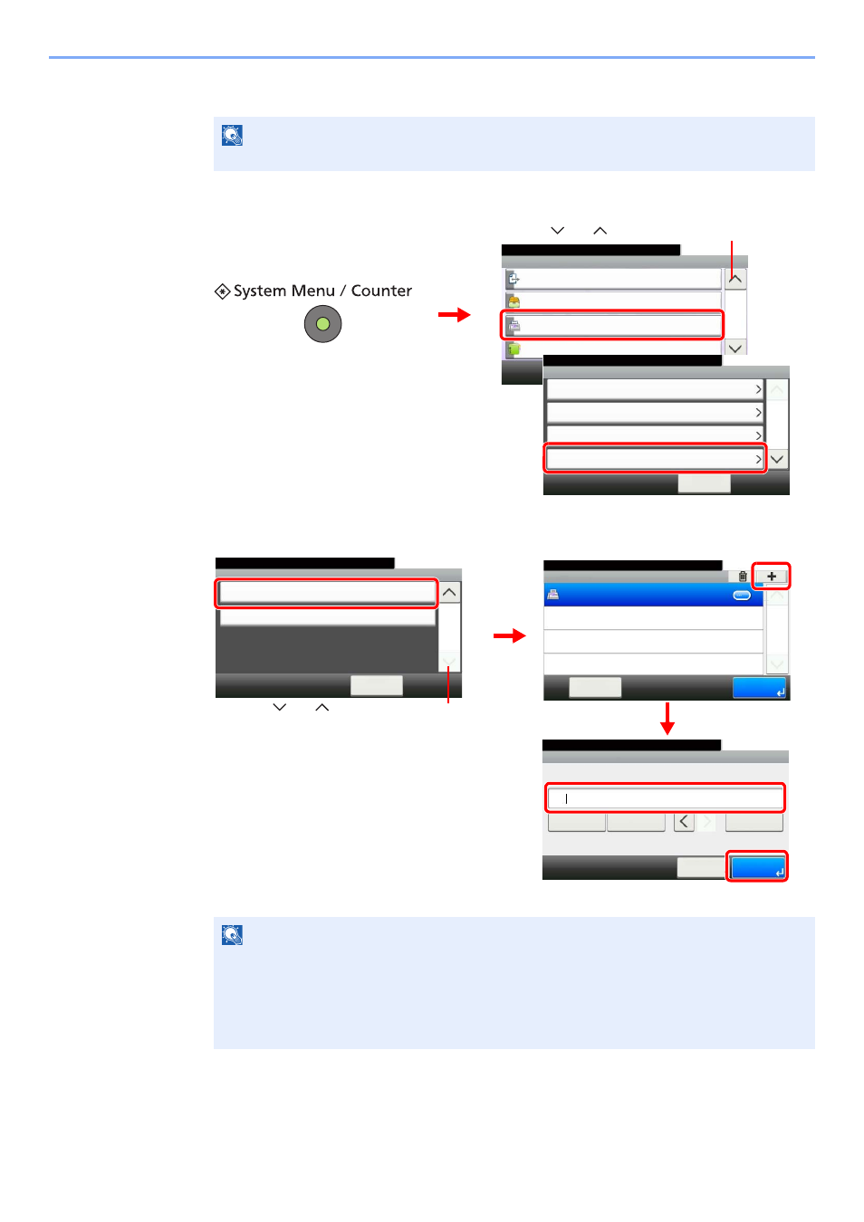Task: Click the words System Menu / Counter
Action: pos(322,291)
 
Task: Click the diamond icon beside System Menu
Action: pos(222,291)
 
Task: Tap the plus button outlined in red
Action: pos(771,576)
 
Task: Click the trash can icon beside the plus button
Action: pos(743,576)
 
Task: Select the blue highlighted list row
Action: pos(653,595)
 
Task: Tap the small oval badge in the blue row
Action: pos(741,596)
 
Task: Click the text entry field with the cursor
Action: pos(665,798)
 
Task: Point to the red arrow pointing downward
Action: pos(667,719)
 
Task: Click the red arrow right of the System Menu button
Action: pos(454,315)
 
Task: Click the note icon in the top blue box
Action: pos(232,135)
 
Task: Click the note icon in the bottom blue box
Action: pos(232,935)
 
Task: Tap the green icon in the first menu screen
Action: pos(513,349)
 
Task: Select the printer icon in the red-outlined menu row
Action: pos(513,326)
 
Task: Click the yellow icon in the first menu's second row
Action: pos(513,301)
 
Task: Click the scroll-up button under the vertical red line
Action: pos(735,280)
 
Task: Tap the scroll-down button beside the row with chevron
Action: pos(777,459)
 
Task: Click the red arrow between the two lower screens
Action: pos(509,635)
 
